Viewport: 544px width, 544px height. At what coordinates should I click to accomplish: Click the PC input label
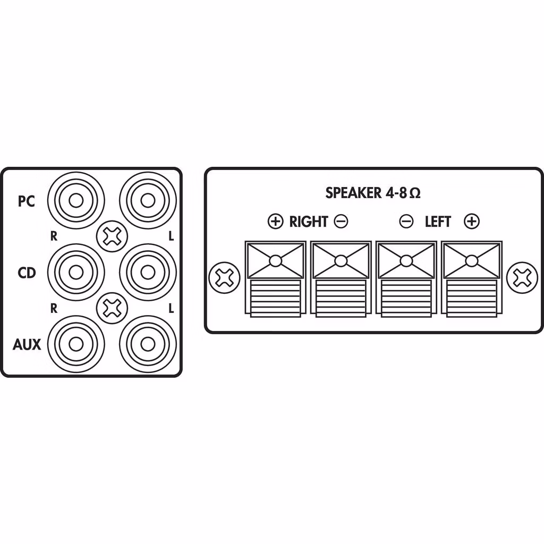click(27, 201)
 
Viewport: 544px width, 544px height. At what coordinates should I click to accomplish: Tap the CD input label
click(27, 273)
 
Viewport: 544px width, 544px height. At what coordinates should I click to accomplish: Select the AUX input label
click(27, 344)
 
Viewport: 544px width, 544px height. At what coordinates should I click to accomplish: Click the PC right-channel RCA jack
click(76, 200)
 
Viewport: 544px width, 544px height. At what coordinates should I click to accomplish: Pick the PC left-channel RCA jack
click(148, 200)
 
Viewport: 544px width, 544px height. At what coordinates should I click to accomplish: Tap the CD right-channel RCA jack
click(76, 273)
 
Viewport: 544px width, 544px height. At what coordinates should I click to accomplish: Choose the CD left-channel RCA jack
click(148, 273)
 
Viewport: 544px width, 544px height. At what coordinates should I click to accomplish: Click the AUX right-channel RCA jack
click(76, 344)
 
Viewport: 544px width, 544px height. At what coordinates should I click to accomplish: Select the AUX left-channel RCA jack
click(148, 344)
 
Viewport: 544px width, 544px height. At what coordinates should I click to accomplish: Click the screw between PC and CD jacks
click(112, 236)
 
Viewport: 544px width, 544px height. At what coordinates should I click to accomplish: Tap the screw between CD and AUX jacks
click(112, 308)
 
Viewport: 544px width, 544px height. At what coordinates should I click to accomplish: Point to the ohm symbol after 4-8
click(415, 193)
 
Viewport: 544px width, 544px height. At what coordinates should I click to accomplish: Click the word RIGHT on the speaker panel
click(309, 222)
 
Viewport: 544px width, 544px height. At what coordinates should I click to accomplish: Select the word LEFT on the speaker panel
click(438, 222)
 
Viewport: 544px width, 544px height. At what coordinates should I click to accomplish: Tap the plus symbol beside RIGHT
click(276, 222)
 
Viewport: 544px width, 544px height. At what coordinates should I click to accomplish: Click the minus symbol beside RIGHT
click(341, 222)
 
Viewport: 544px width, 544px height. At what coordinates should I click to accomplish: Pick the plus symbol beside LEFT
click(472, 222)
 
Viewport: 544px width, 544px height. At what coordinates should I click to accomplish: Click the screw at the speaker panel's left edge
click(224, 277)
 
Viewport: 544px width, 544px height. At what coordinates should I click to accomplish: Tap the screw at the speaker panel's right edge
click(522, 277)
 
